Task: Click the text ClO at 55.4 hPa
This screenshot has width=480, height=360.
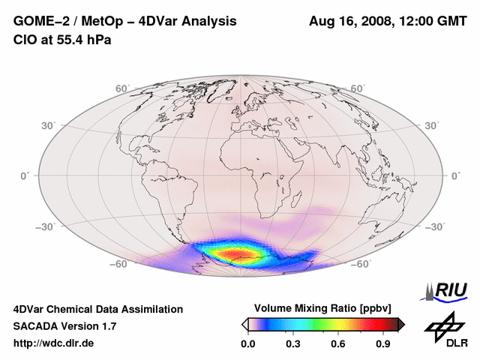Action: click(x=62, y=40)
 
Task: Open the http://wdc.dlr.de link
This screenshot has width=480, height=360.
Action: click(x=54, y=343)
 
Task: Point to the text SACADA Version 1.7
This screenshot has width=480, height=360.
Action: click(x=65, y=326)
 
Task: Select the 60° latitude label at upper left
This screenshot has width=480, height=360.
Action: click(x=122, y=88)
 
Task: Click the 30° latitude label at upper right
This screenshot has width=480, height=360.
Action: click(x=432, y=124)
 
